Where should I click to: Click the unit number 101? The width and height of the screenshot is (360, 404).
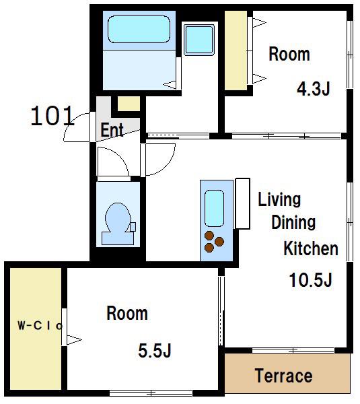coord(52,116)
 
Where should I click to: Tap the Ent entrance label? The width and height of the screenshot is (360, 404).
coord(112,130)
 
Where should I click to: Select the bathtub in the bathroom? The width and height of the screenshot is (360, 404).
coord(139,29)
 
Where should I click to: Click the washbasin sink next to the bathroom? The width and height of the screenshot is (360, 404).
coord(199,40)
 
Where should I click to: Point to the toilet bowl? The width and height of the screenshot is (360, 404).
coord(118,224)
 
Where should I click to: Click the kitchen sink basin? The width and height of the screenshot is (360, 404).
coord(214,209)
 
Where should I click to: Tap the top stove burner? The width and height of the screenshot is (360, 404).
coord(209,236)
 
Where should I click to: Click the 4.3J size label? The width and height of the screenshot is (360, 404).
coord(314,89)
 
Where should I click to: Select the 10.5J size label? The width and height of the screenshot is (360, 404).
coord(311,280)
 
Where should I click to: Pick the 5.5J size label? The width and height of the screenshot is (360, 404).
coord(155,350)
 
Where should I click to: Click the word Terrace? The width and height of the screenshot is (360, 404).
coord(284,376)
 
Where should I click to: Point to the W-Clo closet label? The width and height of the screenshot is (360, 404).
coord(40,326)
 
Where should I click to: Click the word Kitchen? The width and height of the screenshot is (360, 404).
coord(311,248)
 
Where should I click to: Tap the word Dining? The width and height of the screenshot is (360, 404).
coord(293,223)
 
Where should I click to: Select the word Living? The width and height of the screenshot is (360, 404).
coord(279,200)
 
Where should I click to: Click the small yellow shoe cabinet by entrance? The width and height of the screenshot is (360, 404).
coord(129,104)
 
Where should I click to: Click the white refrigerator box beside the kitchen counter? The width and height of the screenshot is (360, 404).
coord(243,203)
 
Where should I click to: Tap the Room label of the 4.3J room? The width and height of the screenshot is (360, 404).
coord(289,55)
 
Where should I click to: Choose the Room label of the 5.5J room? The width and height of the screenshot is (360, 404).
coord(127,313)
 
